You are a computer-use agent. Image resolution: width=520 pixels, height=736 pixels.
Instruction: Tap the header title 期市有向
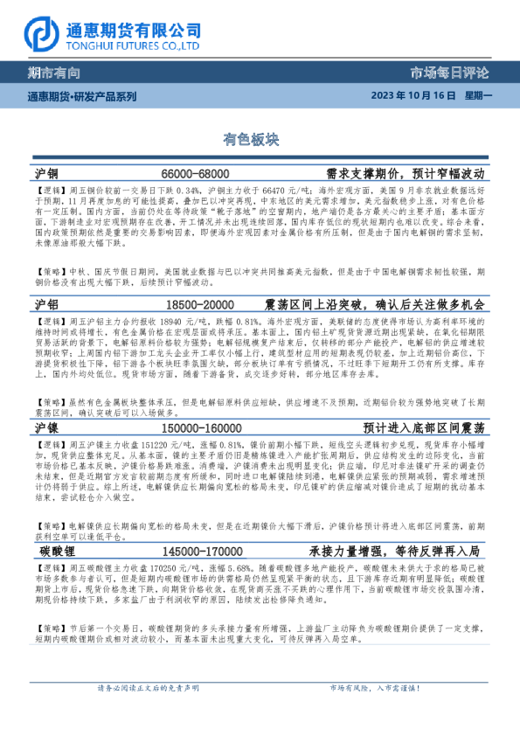(x=54, y=73)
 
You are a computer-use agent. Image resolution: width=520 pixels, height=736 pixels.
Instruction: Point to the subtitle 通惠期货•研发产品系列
(x=82, y=96)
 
